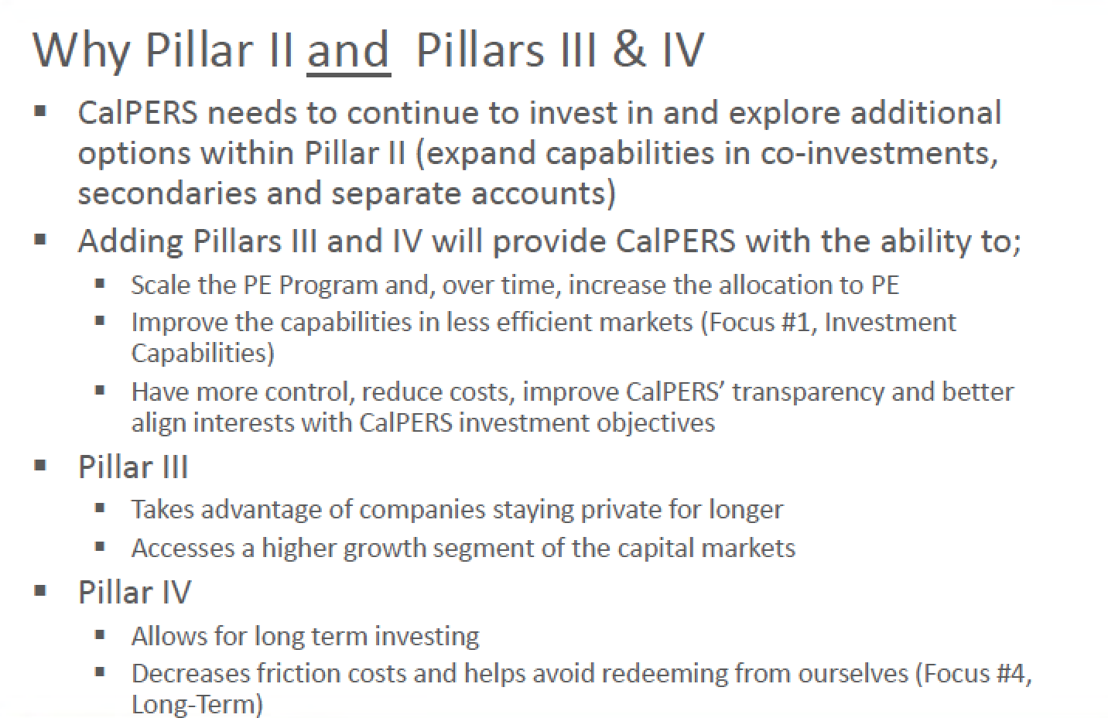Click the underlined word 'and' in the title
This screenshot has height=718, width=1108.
click(x=349, y=51)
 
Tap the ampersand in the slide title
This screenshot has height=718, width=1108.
click(x=629, y=49)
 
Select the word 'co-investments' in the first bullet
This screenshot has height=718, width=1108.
click(x=879, y=152)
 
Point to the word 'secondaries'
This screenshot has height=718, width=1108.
click(x=167, y=193)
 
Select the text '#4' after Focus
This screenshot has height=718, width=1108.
click(x=1007, y=673)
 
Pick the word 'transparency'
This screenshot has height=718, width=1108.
click(x=808, y=393)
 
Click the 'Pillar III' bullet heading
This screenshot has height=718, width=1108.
click(x=133, y=467)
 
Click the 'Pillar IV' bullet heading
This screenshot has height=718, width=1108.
click(x=135, y=591)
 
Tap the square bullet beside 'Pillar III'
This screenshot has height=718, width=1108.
click(x=40, y=465)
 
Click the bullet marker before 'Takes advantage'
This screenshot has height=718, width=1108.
click(x=100, y=508)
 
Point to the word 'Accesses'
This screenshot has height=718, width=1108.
click(x=183, y=548)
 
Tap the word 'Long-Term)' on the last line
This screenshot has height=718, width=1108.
click(x=197, y=704)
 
